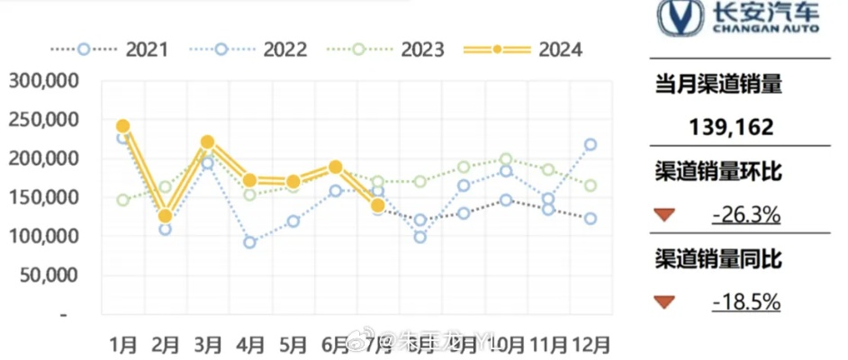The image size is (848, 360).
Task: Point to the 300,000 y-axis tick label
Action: (44, 81)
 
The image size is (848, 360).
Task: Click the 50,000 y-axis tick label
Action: (50, 275)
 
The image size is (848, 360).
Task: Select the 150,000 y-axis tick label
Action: (44, 198)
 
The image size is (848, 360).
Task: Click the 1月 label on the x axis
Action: (123, 344)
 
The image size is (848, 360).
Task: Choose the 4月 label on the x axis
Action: (250, 344)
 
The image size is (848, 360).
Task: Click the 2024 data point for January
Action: (123, 127)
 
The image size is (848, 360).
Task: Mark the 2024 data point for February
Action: (165, 216)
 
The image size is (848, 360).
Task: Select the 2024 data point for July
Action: (378, 206)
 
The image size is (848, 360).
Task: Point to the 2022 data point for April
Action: (249, 242)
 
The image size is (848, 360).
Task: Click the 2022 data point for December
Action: (591, 144)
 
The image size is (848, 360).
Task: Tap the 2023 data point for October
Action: (506, 159)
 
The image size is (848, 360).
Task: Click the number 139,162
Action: (731, 128)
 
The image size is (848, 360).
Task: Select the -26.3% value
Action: (744, 215)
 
